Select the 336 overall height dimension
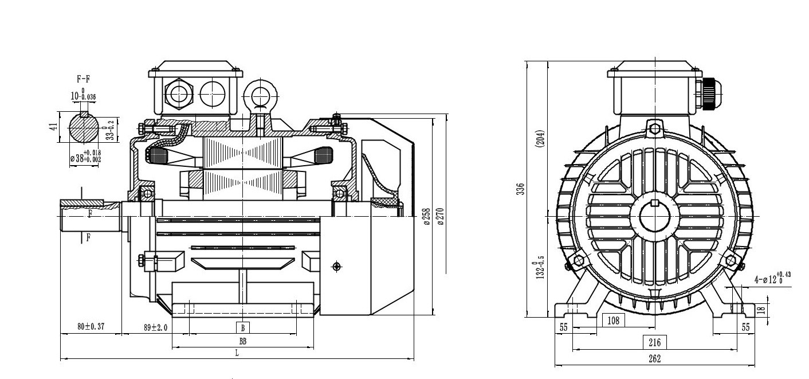pos(520,189)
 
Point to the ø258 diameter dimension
pos(427,216)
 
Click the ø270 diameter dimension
pos(441,216)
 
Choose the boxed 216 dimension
pos(654,342)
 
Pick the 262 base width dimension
pos(654,359)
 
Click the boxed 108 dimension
pos(613,320)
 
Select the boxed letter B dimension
pos(242,327)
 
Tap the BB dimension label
pos(242,341)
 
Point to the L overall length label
pos(237,353)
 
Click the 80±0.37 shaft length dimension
pos(91,327)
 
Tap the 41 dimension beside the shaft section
pos(53,126)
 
